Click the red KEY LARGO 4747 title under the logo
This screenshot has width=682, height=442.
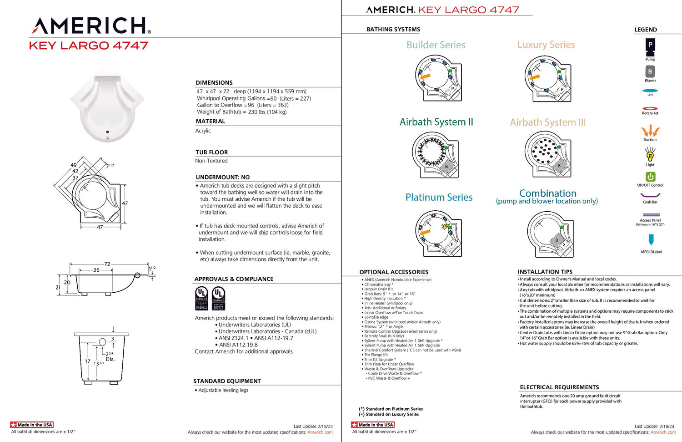pyautogui.click(x=89, y=46)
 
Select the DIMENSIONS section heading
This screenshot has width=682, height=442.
pyautogui.click(x=214, y=83)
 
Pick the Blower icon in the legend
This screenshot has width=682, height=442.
pyautogui.click(x=650, y=71)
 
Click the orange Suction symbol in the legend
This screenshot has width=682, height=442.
pyautogui.click(x=650, y=131)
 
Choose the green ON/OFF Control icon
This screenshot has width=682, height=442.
pyautogui.click(x=650, y=177)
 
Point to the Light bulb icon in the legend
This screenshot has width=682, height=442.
pyautogui.click(x=650, y=155)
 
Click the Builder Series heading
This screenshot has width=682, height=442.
pyautogui.click(x=436, y=45)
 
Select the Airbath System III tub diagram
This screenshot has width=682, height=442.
pyautogui.click(x=547, y=155)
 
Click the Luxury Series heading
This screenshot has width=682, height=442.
pyautogui.click(x=546, y=45)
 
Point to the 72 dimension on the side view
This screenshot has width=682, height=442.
pyautogui.click(x=107, y=264)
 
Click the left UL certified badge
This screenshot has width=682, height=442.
pyautogui.click(x=201, y=299)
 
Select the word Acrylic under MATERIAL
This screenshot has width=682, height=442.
pyautogui.click(x=203, y=131)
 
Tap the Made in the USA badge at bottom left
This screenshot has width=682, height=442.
pyautogui.click(x=32, y=425)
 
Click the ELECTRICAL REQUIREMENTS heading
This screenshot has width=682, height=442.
pyautogui.click(x=559, y=387)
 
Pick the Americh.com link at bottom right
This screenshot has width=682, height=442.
pyautogui.click(x=663, y=432)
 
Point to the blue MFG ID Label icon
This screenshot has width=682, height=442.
pyautogui.click(x=651, y=239)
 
